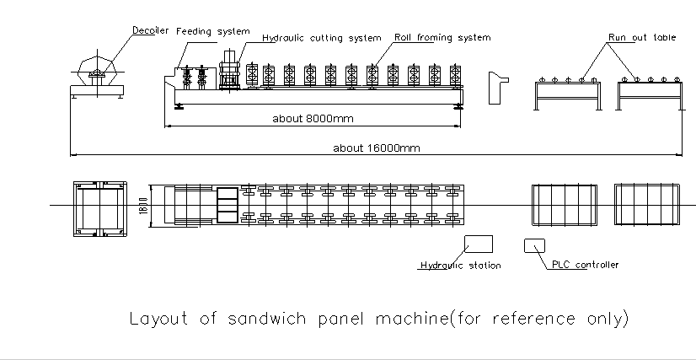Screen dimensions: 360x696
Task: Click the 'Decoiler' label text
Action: [150, 30]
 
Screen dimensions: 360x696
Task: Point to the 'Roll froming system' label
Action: [442, 38]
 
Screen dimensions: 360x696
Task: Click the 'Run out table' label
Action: [643, 38]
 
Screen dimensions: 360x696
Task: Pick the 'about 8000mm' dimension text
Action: [311, 119]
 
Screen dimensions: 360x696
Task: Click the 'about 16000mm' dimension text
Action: [375, 148]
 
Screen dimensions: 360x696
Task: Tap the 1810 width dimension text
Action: [143, 206]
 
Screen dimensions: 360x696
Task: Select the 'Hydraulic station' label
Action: [461, 266]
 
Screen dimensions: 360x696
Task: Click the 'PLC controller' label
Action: [585, 265]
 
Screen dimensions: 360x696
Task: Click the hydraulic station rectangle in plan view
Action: [479, 244]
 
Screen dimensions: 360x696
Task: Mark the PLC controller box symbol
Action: [534, 245]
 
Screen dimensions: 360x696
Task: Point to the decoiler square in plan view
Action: [100, 206]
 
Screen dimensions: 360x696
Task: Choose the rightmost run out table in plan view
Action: [646, 205]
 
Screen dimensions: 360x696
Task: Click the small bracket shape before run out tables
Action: [498, 84]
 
